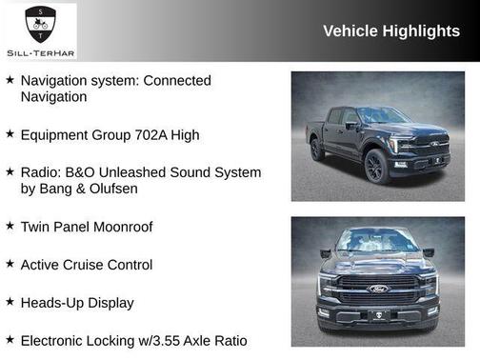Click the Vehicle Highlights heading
click(390, 30)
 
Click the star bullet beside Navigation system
click(10, 80)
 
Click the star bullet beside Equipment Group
click(10, 134)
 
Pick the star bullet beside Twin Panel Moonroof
click(10, 226)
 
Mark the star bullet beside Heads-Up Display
click(10, 302)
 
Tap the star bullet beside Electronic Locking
click(10, 339)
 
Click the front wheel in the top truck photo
click(374, 168)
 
